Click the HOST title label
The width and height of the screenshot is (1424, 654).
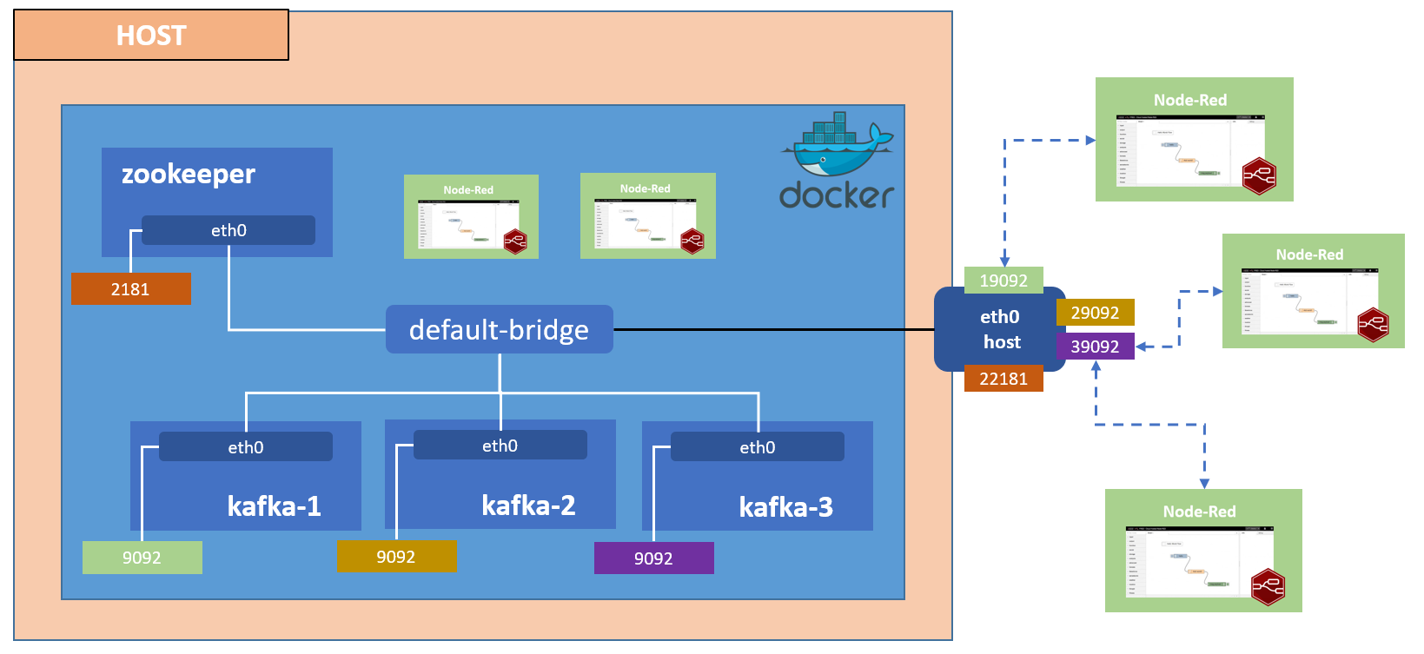pyautogui.click(x=151, y=36)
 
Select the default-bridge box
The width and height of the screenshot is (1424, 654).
pyautogui.click(x=499, y=330)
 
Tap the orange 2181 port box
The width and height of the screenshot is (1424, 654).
pyautogui.click(x=130, y=289)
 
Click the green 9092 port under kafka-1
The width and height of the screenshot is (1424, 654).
pyautogui.click(x=142, y=558)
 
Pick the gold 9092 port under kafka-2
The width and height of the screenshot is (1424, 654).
pyautogui.click(x=396, y=557)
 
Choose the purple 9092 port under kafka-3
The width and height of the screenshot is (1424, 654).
pyautogui.click(x=653, y=558)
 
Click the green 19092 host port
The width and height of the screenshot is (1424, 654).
pyautogui.click(x=1003, y=281)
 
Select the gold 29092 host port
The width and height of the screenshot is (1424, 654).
pyautogui.click(x=1095, y=313)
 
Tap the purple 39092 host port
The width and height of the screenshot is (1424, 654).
pyautogui.click(x=1095, y=347)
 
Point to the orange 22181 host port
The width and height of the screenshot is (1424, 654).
pyautogui.click(x=1003, y=379)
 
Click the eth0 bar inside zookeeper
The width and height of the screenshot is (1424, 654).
pyautogui.click(x=229, y=230)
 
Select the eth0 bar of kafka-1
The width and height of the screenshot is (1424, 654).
pyautogui.click(x=246, y=447)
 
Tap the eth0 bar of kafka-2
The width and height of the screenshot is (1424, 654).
pyautogui.click(x=500, y=446)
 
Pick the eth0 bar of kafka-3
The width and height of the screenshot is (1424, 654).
pyautogui.click(x=757, y=447)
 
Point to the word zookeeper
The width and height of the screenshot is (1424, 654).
pyautogui.click(x=189, y=175)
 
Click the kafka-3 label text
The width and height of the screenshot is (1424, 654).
pyautogui.click(x=785, y=507)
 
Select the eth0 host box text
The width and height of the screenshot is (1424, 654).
pyautogui.click(x=1000, y=329)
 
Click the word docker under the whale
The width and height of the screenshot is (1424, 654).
pyautogui.click(x=837, y=195)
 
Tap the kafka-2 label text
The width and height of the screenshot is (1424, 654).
pyautogui.click(x=528, y=505)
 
